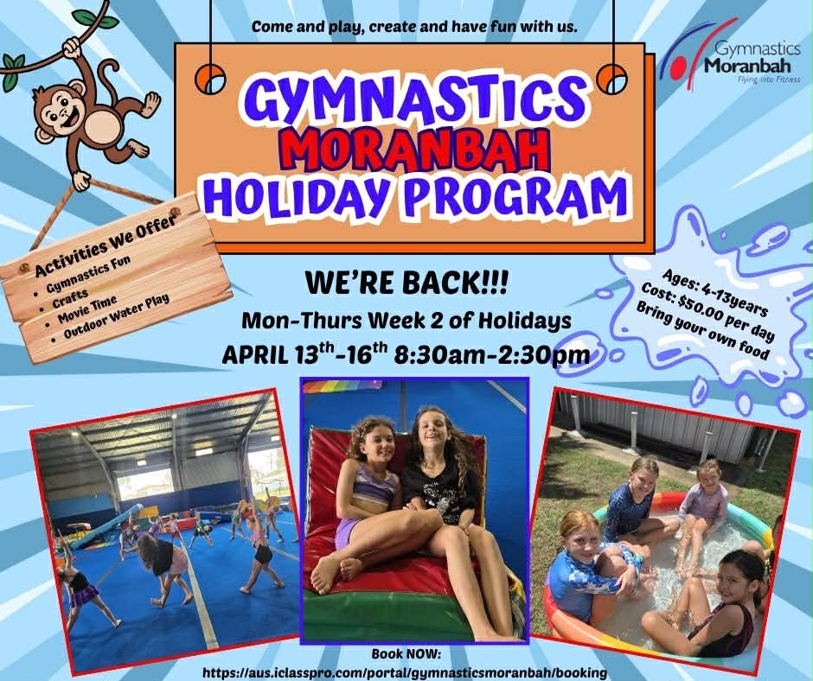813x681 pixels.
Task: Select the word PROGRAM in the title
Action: [x=516, y=196]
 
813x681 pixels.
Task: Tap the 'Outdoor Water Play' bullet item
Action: [x=116, y=316]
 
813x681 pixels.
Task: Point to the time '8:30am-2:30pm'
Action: [x=491, y=355]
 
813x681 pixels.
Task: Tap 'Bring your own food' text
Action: [x=702, y=329]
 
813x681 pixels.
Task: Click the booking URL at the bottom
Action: [x=405, y=672]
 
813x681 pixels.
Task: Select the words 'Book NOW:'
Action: [x=406, y=654]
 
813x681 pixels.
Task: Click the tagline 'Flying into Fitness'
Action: [x=769, y=80]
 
